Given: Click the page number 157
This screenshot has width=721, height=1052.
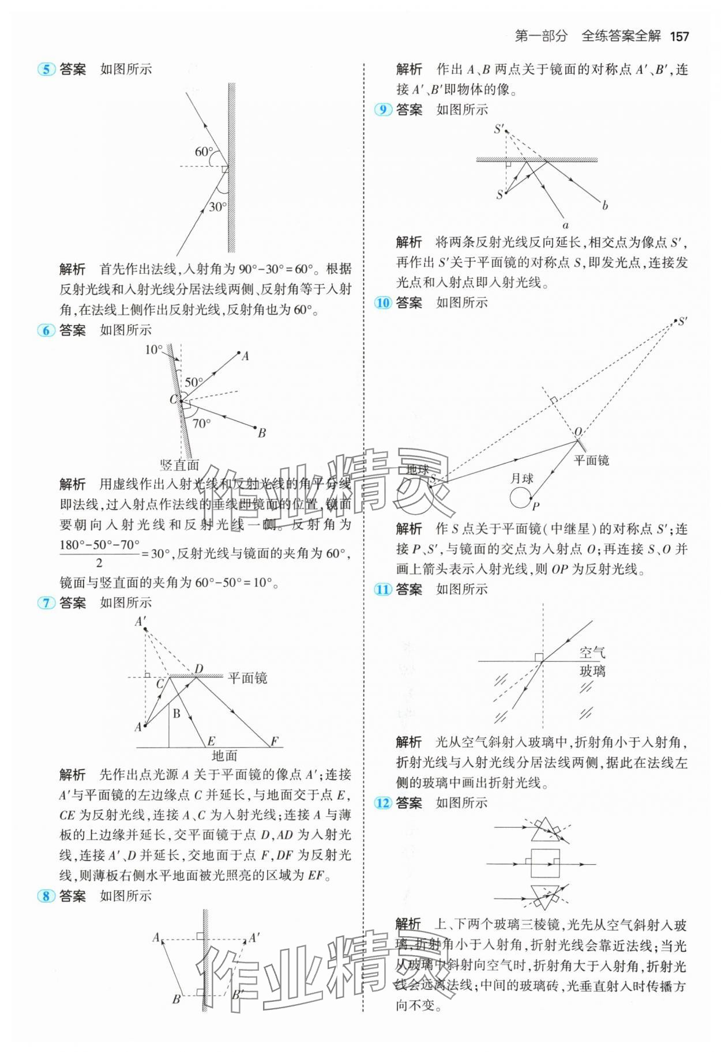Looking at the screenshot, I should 679,36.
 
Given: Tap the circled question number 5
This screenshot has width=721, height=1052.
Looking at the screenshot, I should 46,70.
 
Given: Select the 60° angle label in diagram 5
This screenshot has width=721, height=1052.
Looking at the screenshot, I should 204,152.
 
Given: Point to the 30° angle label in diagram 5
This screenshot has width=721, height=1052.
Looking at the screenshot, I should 217,207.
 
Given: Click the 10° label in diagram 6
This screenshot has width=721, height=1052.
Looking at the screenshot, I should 153,350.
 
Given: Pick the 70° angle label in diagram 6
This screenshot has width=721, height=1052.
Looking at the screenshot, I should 201,424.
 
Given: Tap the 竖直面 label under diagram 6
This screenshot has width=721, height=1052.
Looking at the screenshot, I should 179,465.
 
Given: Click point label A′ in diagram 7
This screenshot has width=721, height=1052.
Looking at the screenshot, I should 141,621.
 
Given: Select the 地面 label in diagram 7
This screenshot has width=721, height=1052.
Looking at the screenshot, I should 224,756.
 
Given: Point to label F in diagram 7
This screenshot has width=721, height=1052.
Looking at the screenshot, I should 275,741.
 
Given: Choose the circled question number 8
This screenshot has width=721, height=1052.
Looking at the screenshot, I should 46,896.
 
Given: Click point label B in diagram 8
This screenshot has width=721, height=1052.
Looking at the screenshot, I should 177,1000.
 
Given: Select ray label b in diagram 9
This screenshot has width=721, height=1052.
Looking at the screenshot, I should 604,206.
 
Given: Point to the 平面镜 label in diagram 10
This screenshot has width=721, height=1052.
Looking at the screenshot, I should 591,460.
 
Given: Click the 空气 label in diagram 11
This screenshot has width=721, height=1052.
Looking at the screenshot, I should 592,653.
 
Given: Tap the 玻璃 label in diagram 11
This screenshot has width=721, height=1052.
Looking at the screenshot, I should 592,671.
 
